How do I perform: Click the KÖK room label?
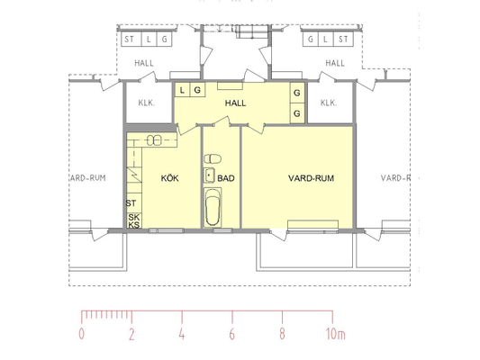click(170, 178)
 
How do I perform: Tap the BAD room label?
click(226, 178)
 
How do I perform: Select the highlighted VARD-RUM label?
click(311, 178)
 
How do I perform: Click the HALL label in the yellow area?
click(235, 103)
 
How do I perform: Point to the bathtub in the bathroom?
click(213, 207)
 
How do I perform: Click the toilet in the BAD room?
click(213, 159)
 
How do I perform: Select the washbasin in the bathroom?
click(209, 175)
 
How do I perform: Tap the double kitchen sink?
click(154, 140)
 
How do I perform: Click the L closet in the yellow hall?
click(183, 90)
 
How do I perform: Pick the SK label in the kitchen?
click(134, 218)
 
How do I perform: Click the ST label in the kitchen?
click(131, 203)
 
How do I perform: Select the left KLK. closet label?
click(147, 103)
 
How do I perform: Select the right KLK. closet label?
click(329, 103)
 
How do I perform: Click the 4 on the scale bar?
click(182, 334)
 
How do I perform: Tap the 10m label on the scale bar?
click(336, 334)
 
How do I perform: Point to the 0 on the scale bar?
click(81, 334)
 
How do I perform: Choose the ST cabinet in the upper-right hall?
click(343, 40)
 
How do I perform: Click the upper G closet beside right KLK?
click(297, 93)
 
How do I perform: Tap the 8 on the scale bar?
click(282, 334)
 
